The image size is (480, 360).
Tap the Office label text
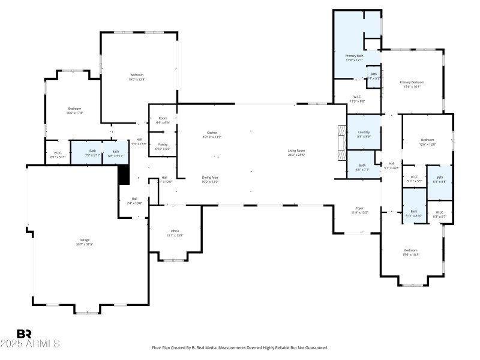[175, 231]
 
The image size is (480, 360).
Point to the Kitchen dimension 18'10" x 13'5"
[212, 137]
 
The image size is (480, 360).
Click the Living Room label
[296, 151]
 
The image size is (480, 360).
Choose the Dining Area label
[210, 178]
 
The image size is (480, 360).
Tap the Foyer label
[359, 208]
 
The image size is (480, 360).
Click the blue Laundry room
[364, 134]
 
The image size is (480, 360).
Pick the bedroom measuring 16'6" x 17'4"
[74, 110]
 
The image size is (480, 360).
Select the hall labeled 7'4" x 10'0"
[134, 201]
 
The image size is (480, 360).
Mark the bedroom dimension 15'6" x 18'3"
[410, 255]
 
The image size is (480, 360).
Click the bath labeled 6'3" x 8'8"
[439, 179]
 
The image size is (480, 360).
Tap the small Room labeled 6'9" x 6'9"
[163, 120]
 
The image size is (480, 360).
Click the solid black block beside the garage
[124, 175]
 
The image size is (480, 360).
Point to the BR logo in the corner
[24, 334]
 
